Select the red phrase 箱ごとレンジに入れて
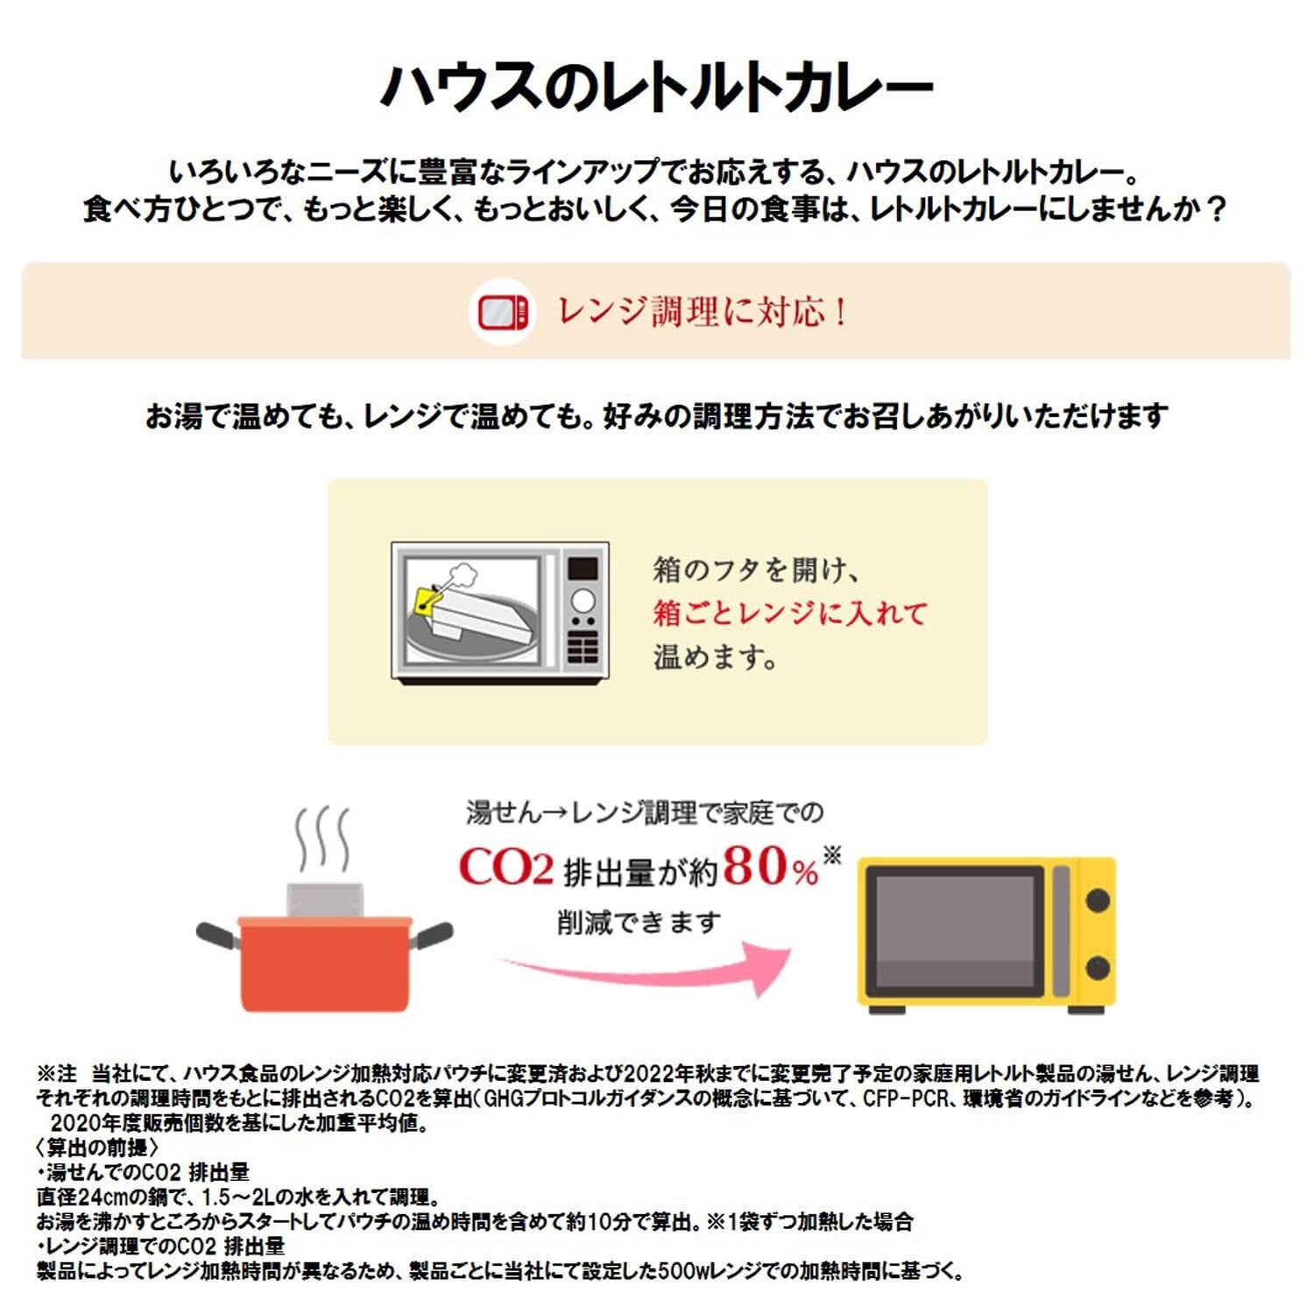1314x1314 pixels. pos(789,613)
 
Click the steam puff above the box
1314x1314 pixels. pos(462,575)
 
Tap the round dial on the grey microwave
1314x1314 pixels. pos(583,602)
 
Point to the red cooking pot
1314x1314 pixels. pos(325,964)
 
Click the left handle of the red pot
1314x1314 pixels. pos(217,935)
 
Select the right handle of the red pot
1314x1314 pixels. pos(433,935)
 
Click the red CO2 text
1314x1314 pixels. pos(506,868)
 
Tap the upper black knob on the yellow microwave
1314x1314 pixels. pos(1097,900)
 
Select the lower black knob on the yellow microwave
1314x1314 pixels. pos(1097,968)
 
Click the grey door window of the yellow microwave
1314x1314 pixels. pos(959,932)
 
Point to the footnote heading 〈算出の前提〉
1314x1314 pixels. pos(97,1148)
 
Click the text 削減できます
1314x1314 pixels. pos(639,922)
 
